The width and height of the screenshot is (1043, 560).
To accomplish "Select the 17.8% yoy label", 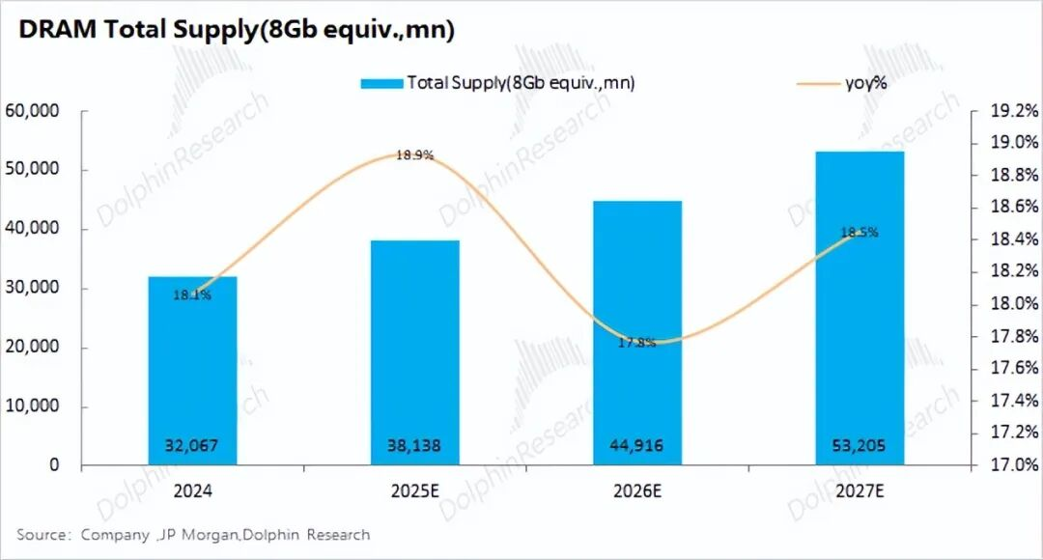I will (x=637, y=342).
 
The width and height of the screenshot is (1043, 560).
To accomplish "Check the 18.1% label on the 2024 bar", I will (x=192, y=294).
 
